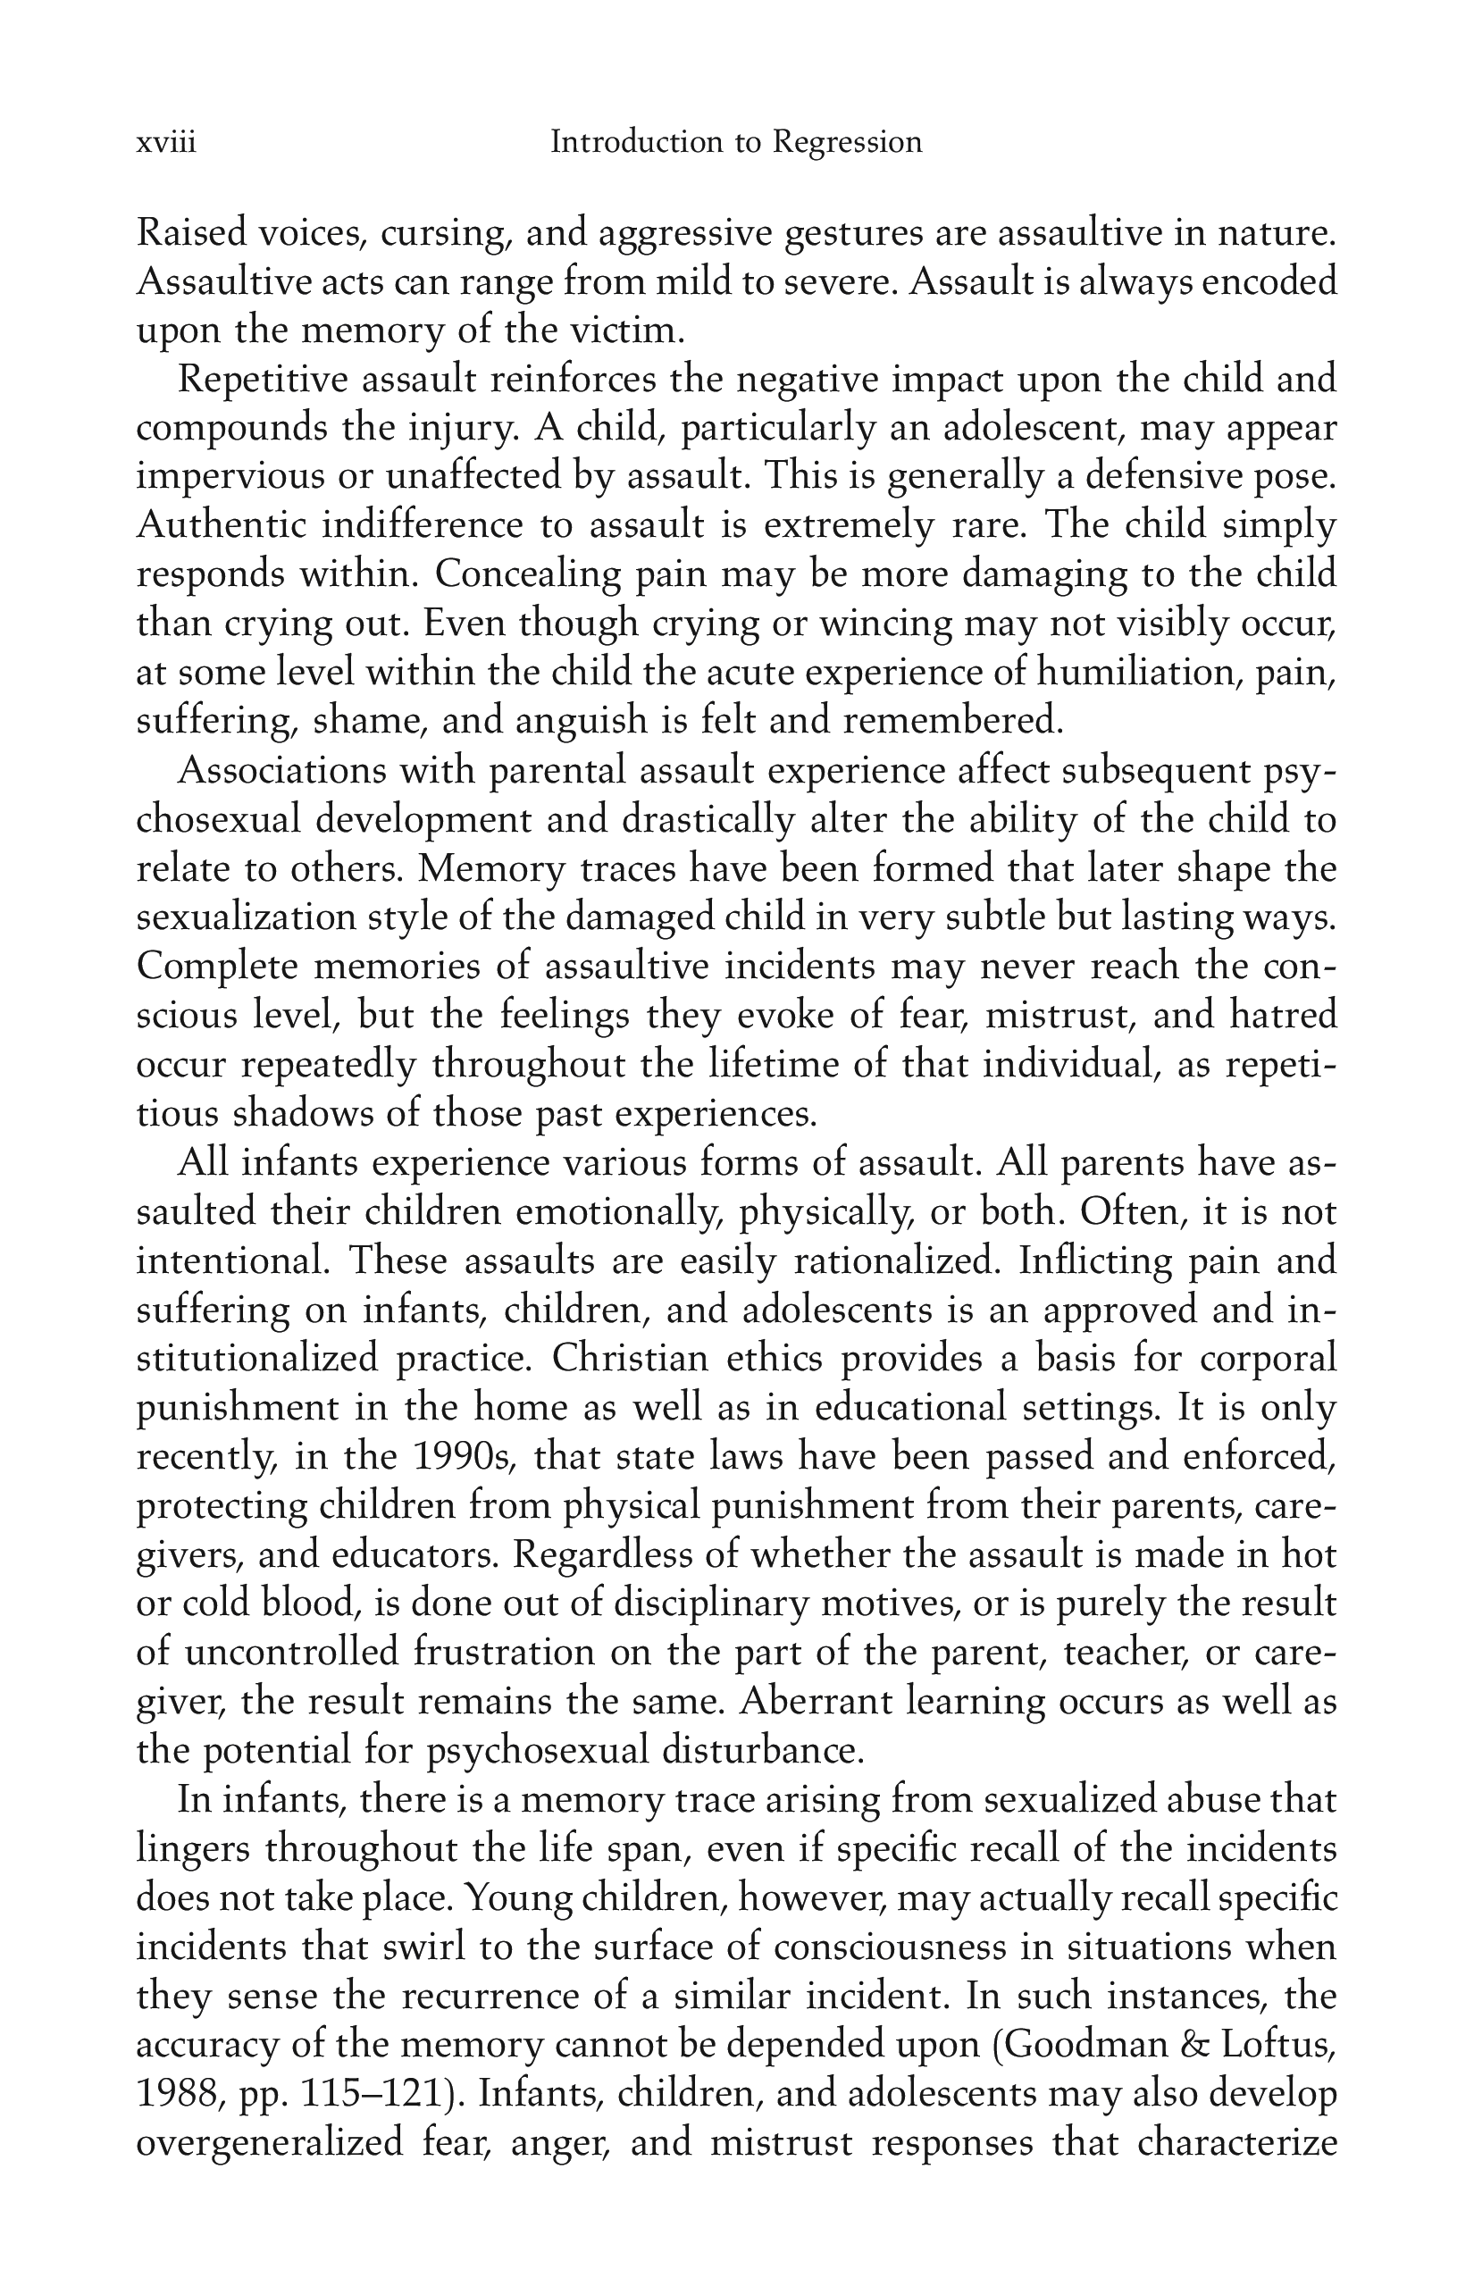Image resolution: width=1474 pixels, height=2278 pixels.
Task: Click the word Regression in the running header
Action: pyautogui.click(x=847, y=143)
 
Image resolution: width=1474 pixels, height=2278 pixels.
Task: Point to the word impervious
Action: pyautogui.click(x=229, y=478)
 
